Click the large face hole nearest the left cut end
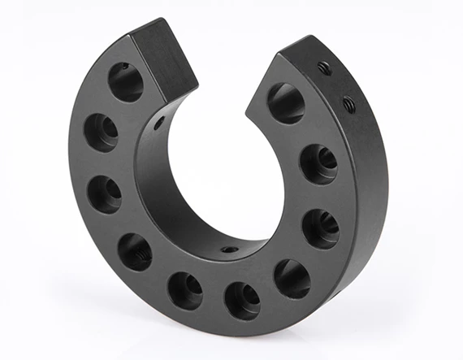click(126, 81)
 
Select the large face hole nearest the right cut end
click(287, 103)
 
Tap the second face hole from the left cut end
click(102, 132)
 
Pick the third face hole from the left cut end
click(105, 193)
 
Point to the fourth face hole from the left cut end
click(135, 251)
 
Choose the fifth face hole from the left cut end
click(185, 290)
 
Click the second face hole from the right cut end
click(318, 163)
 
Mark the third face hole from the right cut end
click(320, 228)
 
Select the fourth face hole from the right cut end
click(292, 278)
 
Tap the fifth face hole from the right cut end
click(242, 299)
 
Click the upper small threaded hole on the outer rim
click(324, 69)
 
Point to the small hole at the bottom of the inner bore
click(230, 249)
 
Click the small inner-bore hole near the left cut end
click(159, 123)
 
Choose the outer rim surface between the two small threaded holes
click(336, 86)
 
